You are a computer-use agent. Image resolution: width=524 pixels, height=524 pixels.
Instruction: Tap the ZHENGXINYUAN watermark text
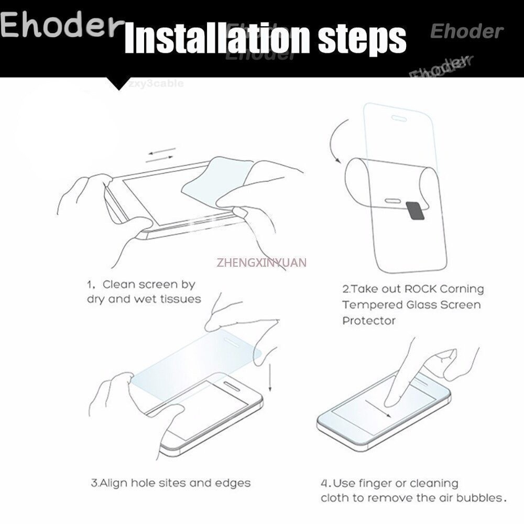(x=261, y=262)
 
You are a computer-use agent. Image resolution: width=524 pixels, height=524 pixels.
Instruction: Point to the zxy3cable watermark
(x=156, y=83)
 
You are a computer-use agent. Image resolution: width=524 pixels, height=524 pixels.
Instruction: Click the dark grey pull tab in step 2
(x=416, y=211)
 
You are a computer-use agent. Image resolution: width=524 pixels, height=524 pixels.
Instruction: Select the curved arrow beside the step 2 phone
(x=331, y=140)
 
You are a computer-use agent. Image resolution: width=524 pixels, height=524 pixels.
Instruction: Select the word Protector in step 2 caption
(x=369, y=321)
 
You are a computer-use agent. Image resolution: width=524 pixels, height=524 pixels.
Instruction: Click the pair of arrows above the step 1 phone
(x=161, y=156)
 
